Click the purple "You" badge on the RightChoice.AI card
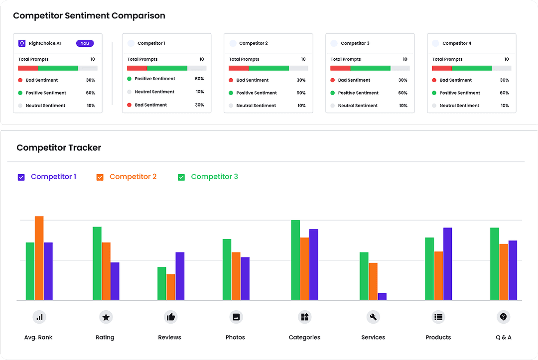(x=85, y=43)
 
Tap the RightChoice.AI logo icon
(x=22, y=43)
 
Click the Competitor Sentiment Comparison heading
(x=89, y=15)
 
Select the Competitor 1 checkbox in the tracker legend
(x=21, y=177)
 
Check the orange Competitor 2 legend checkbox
(x=100, y=177)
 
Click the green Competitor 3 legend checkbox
(x=181, y=177)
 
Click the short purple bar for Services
(x=382, y=296)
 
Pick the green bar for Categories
(x=295, y=260)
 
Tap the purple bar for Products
(x=447, y=264)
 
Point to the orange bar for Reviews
(x=171, y=287)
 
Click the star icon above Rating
(x=105, y=317)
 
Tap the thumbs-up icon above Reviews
(x=170, y=317)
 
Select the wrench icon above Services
(x=373, y=317)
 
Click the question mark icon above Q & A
(x=504, y=317)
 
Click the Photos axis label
(x=235, y=337)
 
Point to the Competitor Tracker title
(x=59, y=147)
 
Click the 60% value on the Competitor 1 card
(x=199, y=79)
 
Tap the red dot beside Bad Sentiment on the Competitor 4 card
(x=434, y=80)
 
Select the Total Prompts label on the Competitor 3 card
(x=346, y=59)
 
